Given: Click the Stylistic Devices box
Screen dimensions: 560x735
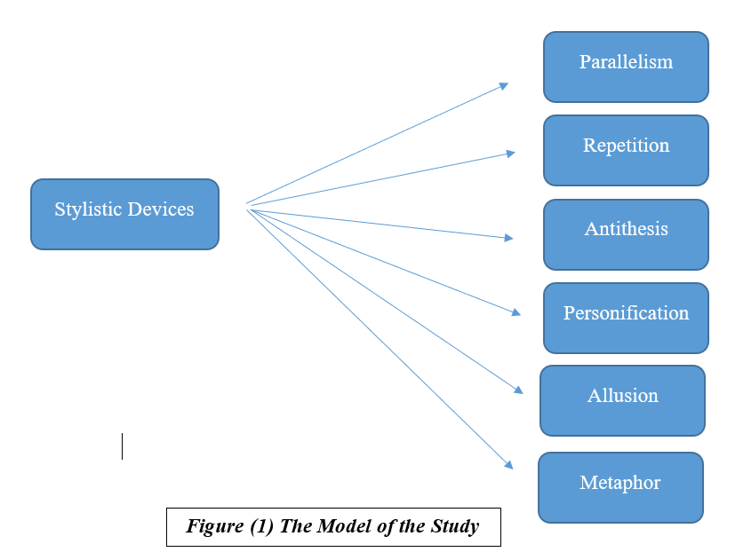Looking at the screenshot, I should click(x=124, y=214).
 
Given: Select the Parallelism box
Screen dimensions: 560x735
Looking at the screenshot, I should click(x=626, y=67).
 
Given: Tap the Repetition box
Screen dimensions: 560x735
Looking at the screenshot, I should click(x=626, y=150).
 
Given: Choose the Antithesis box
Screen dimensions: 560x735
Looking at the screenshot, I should click(x=626, y=234).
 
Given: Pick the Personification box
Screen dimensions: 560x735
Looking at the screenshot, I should click(x=626, y=318).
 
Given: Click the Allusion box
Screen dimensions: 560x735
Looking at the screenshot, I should click(x=622, y=400).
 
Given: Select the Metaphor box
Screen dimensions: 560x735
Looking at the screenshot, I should click(x=620, y=487).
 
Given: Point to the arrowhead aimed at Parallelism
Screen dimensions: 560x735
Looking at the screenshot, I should click(x=504, y=86).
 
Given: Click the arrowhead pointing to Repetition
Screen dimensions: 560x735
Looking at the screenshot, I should click(x=510, y=154).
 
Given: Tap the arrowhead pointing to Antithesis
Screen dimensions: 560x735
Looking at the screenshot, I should click(x=509, y=238).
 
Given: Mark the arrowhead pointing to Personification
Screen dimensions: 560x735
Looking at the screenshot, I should click(x=515, y=312).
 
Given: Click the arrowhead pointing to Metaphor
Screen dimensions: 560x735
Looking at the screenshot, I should click(x=508, y=464).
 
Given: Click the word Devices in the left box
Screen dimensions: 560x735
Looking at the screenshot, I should click(x=159, y=210).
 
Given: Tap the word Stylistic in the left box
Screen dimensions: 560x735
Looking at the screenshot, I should click(x=87, y=210).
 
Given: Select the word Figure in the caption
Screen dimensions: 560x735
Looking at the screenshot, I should click(x=209, y=526).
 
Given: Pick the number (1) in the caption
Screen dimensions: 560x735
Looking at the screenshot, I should click(x=255, y=526).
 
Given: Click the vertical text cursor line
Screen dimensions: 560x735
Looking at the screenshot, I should click(x=122, y=446).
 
